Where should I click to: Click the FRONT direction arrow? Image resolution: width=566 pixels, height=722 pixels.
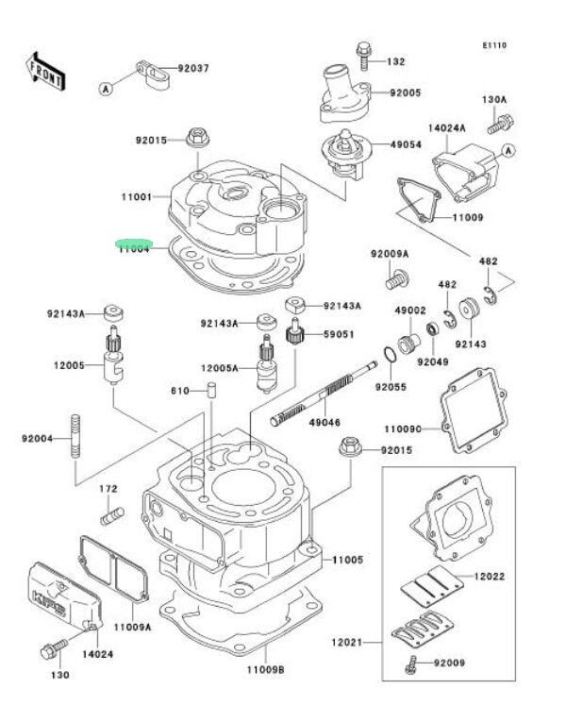click(x=43, y=72)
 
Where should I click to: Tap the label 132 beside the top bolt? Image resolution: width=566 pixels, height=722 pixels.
click(x=395, y=61)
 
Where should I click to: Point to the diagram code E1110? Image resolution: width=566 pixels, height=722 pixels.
click(x=494, y=45)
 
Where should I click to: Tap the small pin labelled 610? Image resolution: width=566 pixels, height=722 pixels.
click(x=212, y=390)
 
